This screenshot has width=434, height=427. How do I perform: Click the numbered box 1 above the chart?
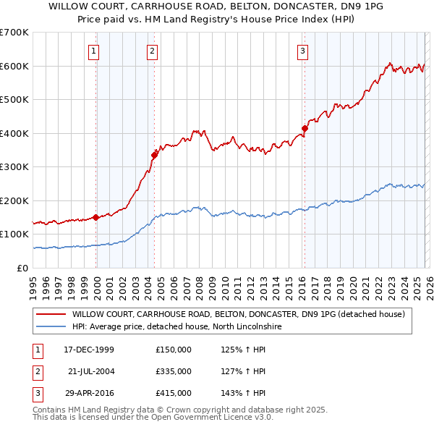95,51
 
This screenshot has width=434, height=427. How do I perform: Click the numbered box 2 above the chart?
153,51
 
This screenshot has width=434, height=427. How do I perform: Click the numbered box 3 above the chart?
302,51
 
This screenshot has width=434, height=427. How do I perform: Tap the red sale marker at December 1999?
96,217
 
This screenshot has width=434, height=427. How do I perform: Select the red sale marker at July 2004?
155,154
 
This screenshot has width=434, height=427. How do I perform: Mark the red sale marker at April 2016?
305,128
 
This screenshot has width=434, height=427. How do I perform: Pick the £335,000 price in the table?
174,371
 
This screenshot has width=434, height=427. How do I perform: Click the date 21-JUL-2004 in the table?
90,371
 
